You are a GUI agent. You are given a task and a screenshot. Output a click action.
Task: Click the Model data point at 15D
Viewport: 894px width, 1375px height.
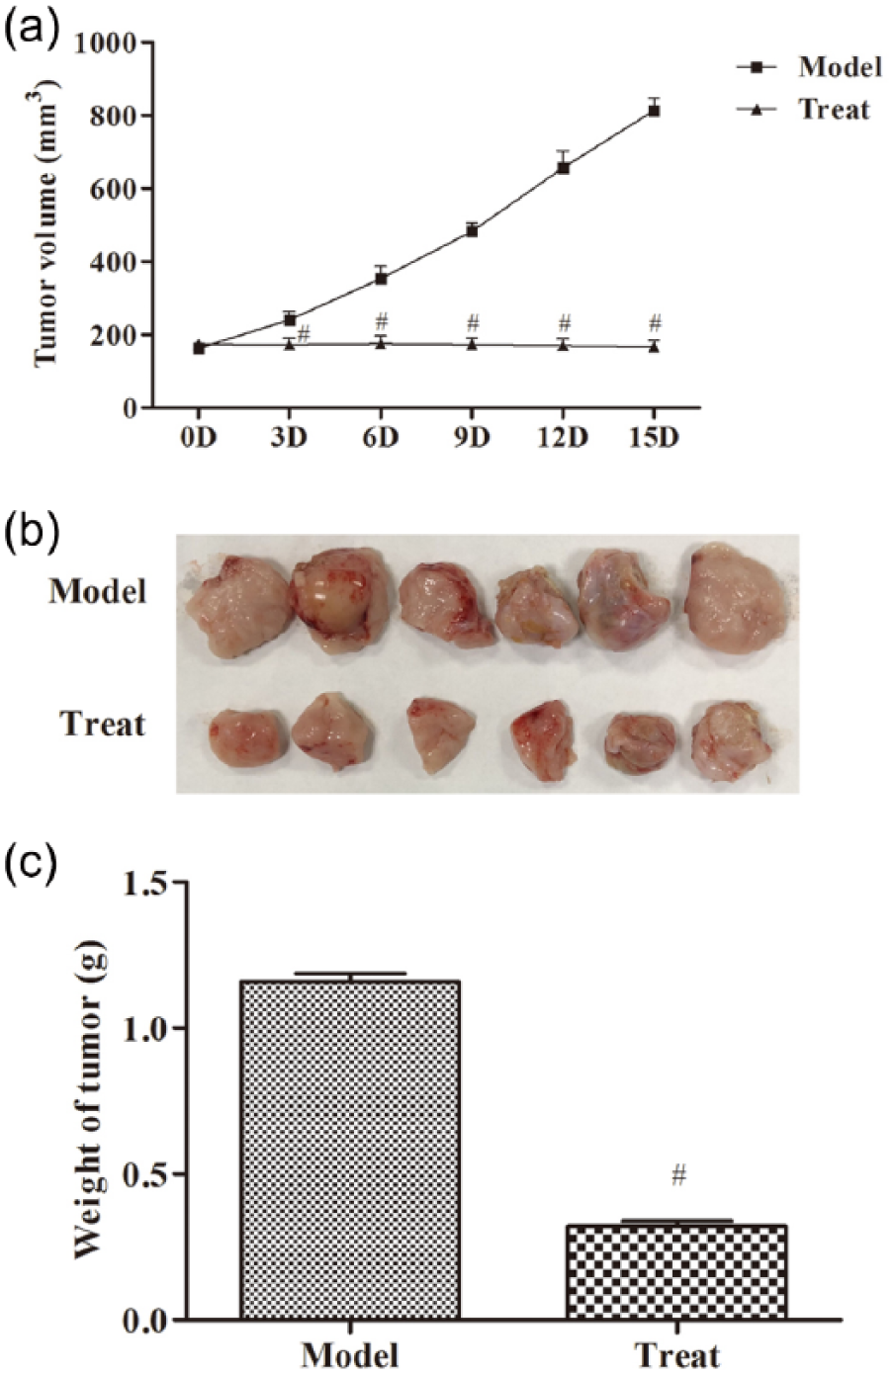[x=654, y=111]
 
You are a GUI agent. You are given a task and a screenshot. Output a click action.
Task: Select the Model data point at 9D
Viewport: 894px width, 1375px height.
[x=472, y=230]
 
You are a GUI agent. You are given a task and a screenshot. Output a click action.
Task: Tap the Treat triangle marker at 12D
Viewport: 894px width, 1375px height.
[x=563, y=346]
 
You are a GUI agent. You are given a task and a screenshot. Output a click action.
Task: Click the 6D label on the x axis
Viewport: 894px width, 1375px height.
[x=381, y=437]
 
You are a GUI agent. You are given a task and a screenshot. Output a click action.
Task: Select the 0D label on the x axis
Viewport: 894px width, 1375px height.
[x=198, y=437]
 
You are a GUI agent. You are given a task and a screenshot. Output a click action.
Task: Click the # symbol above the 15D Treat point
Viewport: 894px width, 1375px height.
[x=654, y=322]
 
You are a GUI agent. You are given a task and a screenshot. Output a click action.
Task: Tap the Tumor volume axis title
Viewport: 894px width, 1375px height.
[x=46, y=225]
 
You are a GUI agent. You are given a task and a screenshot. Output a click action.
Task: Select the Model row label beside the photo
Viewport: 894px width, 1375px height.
[x=98, y=591]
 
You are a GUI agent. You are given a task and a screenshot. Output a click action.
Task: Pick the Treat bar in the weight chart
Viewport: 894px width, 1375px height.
[x=676, y=1271]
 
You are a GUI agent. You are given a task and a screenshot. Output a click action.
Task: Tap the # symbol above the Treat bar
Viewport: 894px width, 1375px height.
[x=678, y=1175]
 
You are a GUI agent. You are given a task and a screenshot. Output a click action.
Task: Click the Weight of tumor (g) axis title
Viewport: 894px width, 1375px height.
[x=92, y=1100]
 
